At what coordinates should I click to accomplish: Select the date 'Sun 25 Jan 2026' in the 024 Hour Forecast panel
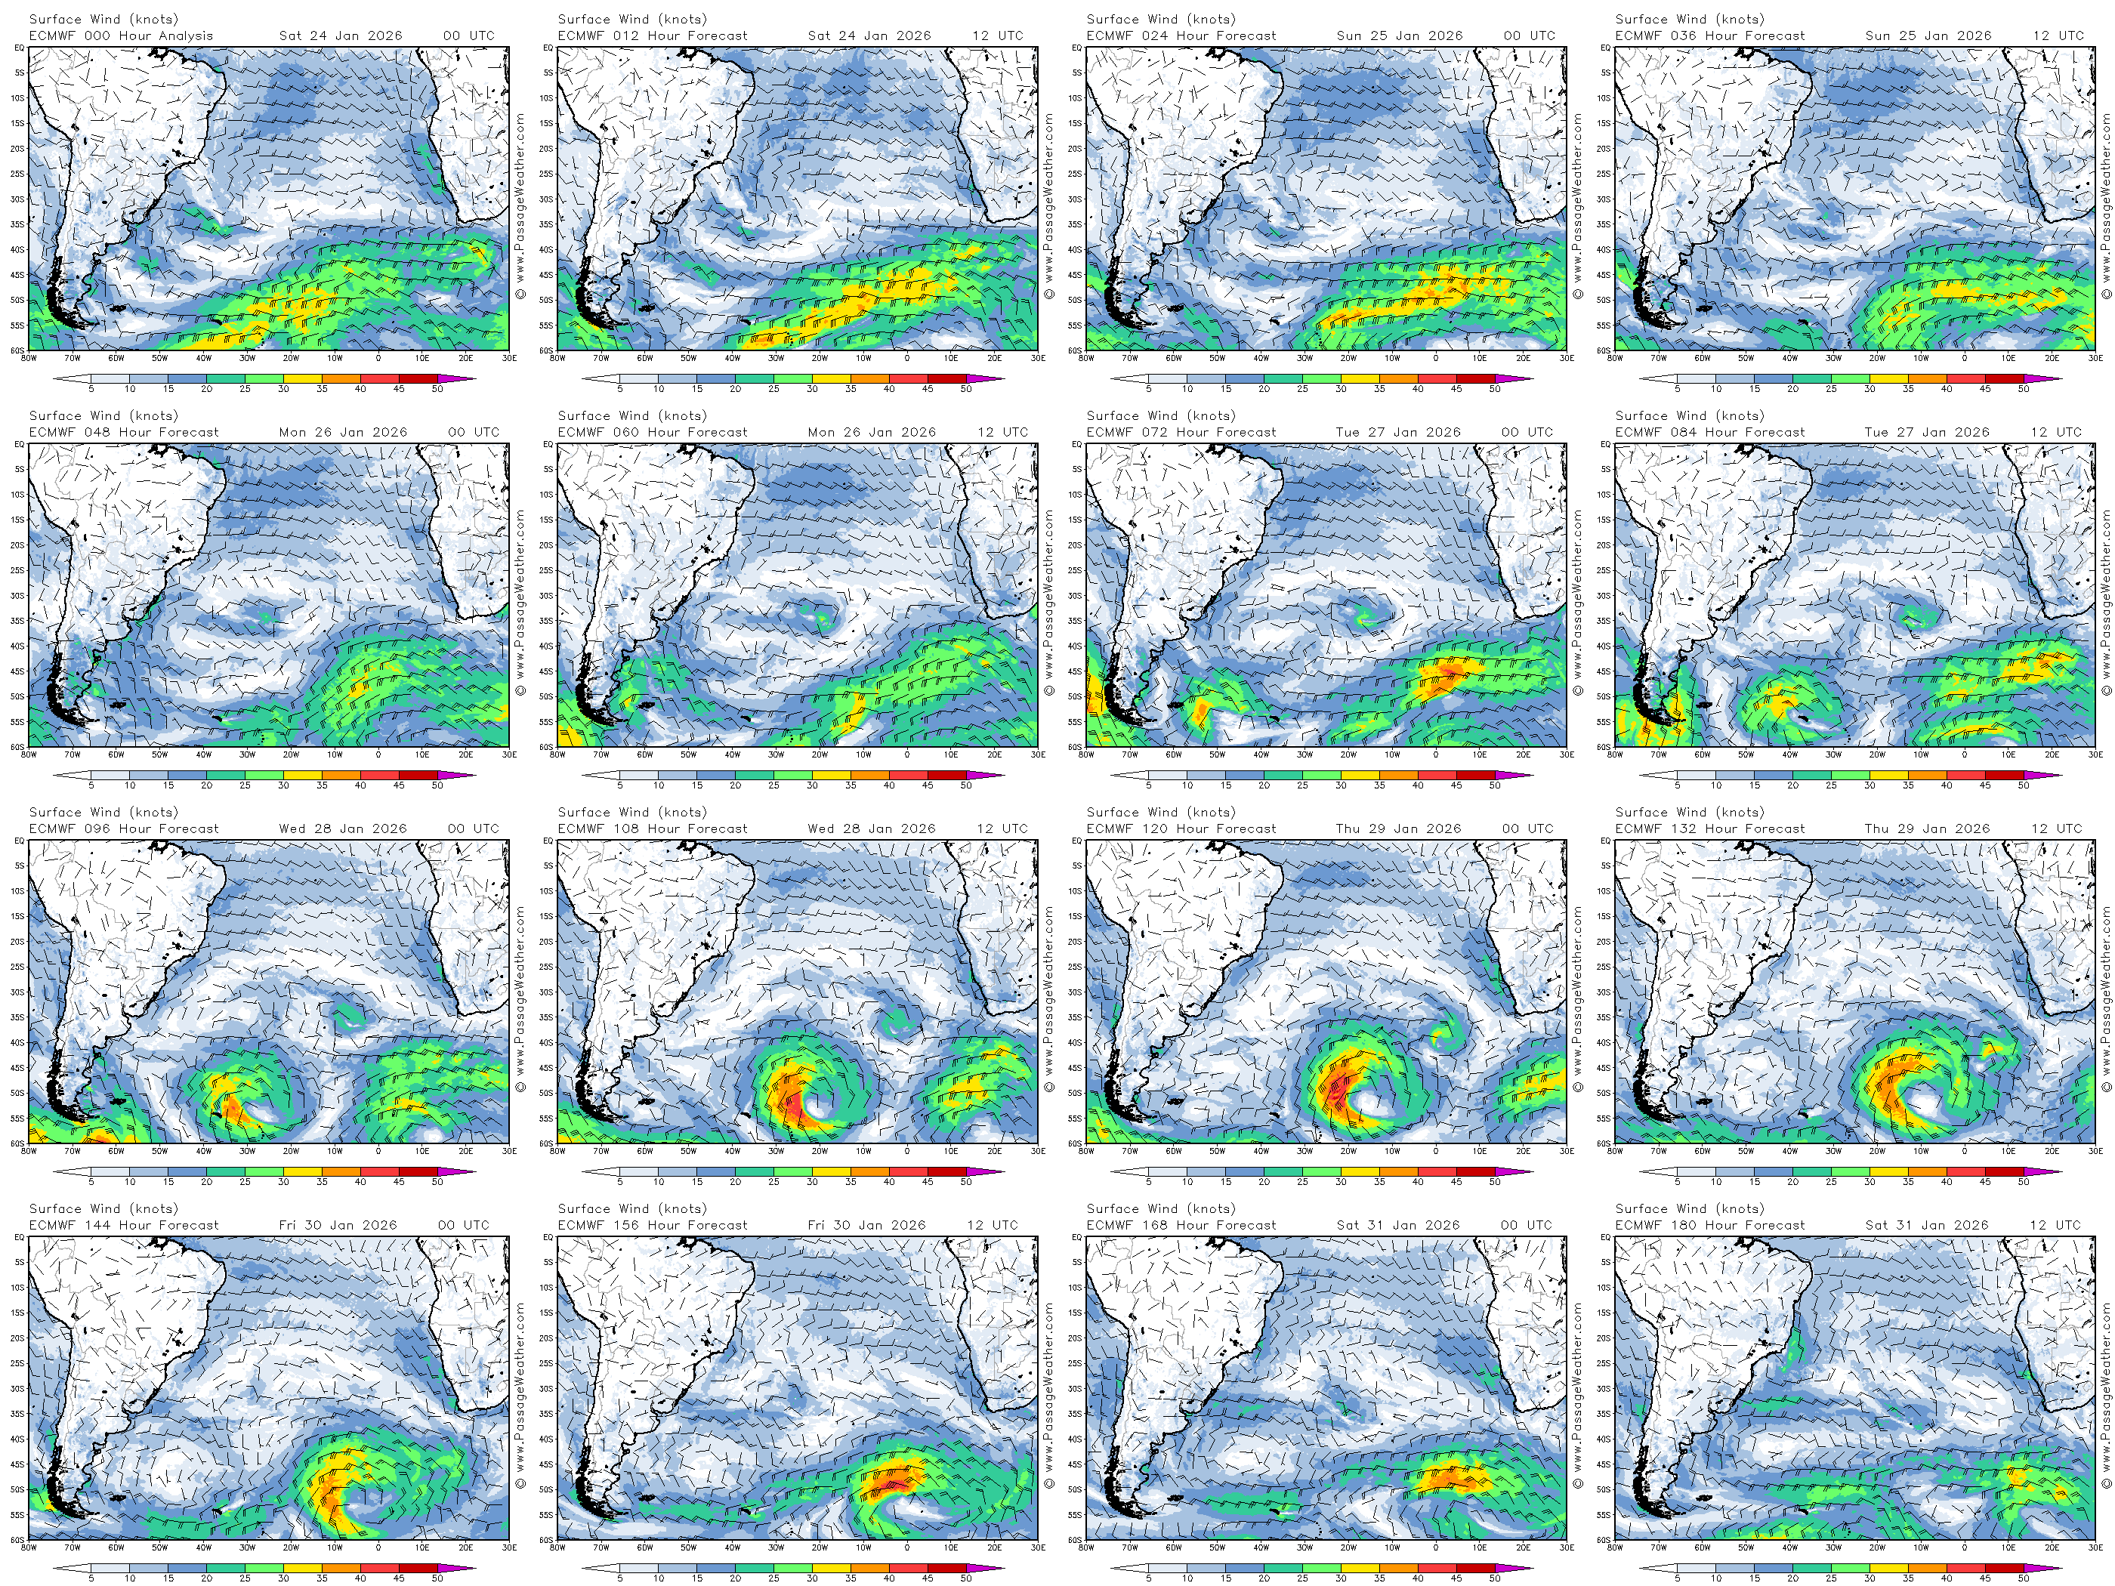coord(1400,36)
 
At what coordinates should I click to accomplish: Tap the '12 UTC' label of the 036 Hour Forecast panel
coord(2058,36)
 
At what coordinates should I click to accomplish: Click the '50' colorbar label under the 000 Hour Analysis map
coord(437,390)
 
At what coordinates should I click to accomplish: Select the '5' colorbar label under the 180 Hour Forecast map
coord(1677,1579)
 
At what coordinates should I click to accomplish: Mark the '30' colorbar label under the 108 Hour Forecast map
coord(812,1183)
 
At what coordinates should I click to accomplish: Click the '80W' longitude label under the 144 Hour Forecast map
coord(29,1547)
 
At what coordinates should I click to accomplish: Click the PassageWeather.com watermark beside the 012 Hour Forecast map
coord(1049,206)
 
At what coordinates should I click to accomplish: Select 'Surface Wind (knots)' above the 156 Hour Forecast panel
coord(632,1209)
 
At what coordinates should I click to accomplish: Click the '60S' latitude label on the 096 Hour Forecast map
coord(19,1143)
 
